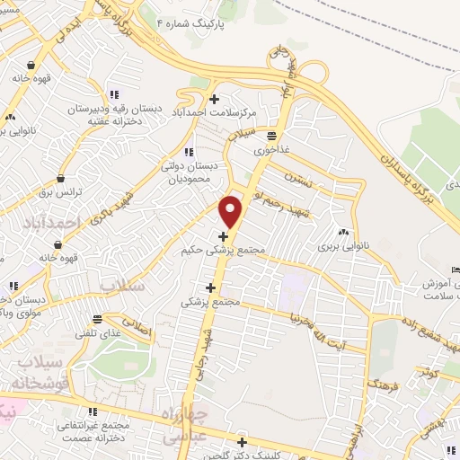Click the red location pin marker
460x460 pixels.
[232, 211]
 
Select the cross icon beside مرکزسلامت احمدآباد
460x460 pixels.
[214, 98]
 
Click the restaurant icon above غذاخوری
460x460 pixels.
[270, 135]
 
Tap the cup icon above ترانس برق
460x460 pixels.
[61, 178]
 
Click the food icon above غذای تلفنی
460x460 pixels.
[93, 318]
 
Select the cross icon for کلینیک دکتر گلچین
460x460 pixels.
[242, 441]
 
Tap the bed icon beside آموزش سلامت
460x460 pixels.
[454, 270]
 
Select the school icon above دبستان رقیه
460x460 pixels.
[113, 94]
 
